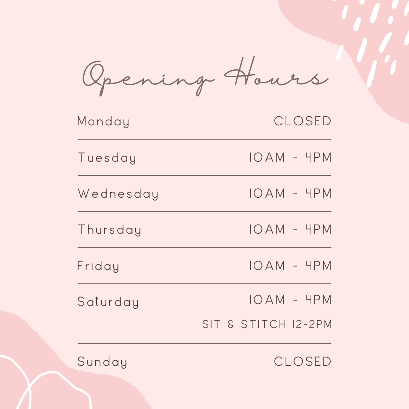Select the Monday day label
tap(103, 122)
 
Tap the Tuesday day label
tap(107, 158)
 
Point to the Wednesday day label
tap(118, 194)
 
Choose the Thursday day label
tap(109, 230)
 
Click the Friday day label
tap(98, 266)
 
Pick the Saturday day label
tap(108, 302)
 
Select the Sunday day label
tap(102, 362)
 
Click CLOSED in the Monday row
tap(303, 121)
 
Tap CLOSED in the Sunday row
tap(303, 362)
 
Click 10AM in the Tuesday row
tap(267, 157)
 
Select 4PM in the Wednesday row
tap(318, 193)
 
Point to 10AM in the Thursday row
tap(267, 229)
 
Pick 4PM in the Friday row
tap(318, 265)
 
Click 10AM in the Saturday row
tap(267, 300)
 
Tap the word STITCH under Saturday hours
tap(264, 324)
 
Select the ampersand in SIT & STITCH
tap(231, 324)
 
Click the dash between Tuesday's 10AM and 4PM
tap(295, 158)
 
